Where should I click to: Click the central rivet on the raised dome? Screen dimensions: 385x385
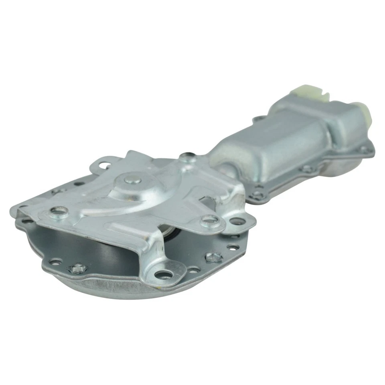click(132, 179)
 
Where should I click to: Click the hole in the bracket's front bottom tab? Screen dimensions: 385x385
click(164, 275)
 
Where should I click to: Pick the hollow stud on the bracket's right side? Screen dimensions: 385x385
click(210, 220)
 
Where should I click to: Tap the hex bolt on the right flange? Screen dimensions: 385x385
click(214, 257)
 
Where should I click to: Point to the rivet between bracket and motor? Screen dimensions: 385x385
click(188, 157)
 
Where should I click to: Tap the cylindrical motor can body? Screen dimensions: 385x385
click(273, 140)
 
